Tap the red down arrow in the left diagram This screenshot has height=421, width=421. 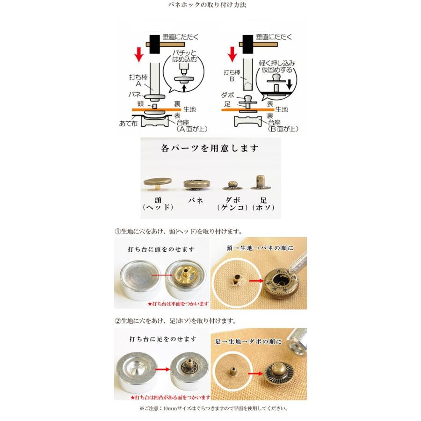tap(138, 54)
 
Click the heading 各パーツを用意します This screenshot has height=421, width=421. tap(210, 149)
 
